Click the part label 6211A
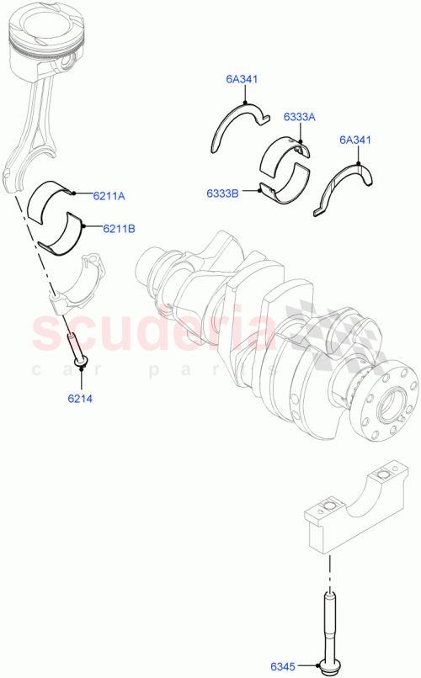click(x=109, y=196)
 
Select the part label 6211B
click(x=119, y=228)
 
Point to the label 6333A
click(x=299, y=117)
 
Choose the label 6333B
click(x=222, y=193)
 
